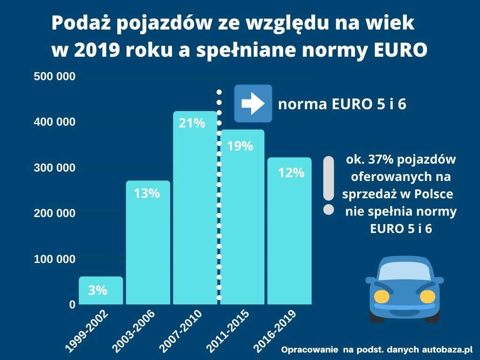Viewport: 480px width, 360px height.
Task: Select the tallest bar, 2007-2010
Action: (x=195, y=211)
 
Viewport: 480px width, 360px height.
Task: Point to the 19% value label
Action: (x=240, y=146)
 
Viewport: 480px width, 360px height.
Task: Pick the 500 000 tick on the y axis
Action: (x=54, y=76)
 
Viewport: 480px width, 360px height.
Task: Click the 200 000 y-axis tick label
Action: (x=54, y=213)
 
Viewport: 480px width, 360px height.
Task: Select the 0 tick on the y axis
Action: (x=72, y=305)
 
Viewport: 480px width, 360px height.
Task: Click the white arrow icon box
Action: (x=253, y=104)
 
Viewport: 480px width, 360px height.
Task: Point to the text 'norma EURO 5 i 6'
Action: (x=342, y=105)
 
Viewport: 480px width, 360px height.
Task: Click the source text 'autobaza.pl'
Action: (x=447, y=350)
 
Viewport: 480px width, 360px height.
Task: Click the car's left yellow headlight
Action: (x=382, y=296)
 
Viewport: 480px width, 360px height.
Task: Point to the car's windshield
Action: (x=404, y=272)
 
